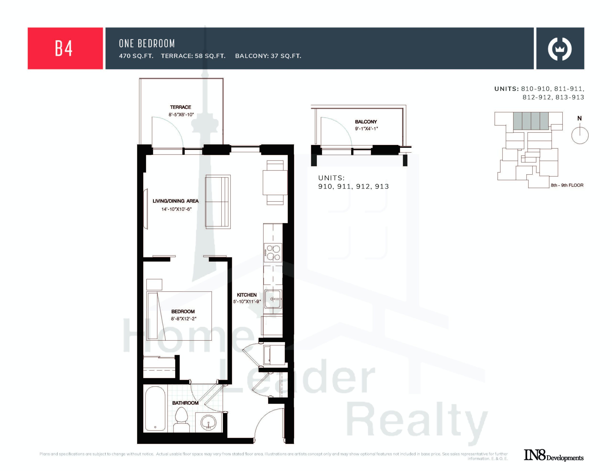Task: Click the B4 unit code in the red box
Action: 64,48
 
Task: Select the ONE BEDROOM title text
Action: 147,43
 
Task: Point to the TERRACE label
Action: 180,107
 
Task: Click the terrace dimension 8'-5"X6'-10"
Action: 181,115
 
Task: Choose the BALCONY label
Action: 366,122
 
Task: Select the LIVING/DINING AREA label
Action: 175,201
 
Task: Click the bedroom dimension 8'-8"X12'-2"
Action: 184,318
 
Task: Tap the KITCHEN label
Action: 247,295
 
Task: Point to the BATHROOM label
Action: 185,403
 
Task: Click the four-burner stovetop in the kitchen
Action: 273,252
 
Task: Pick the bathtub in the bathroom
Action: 155,409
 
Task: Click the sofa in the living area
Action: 218,202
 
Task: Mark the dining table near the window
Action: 275,182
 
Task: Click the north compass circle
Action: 580,135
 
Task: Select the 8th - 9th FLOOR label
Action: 567,185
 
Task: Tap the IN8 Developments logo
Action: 553,455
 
